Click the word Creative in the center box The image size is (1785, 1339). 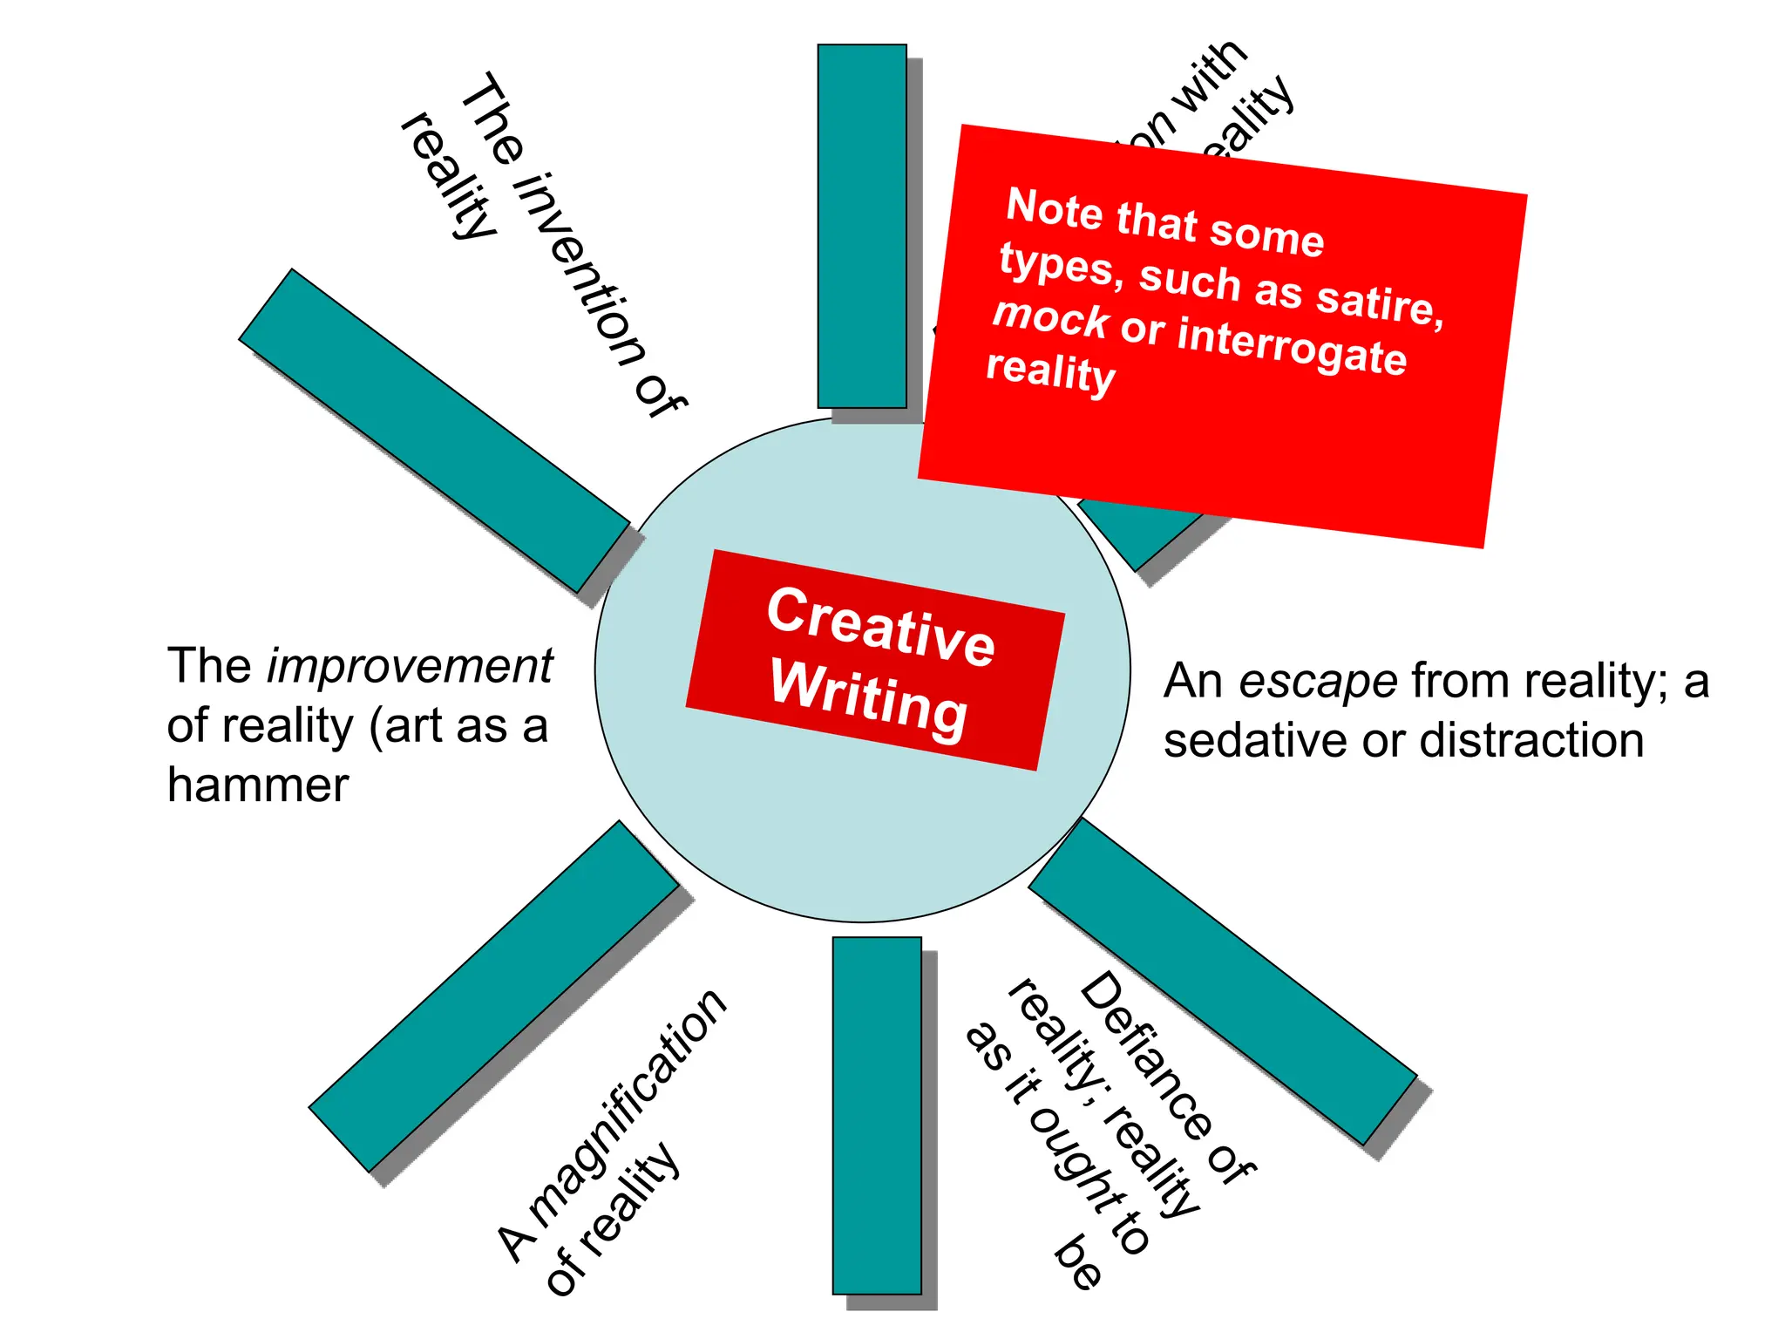tap(880, 625)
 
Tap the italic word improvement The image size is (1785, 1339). tap(410, 667)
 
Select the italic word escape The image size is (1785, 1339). tap(1318, 681)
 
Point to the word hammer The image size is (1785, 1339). tap(258, 785)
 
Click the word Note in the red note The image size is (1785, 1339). tap(1055, 208)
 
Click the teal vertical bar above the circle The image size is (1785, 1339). tap(862, 226)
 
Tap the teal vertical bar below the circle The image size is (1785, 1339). tap(877, 1115)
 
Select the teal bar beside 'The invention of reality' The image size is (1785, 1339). tap(434, 431)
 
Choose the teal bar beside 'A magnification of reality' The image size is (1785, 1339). tap(494, 996)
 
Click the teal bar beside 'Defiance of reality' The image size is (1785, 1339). tap(1223, 981)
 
